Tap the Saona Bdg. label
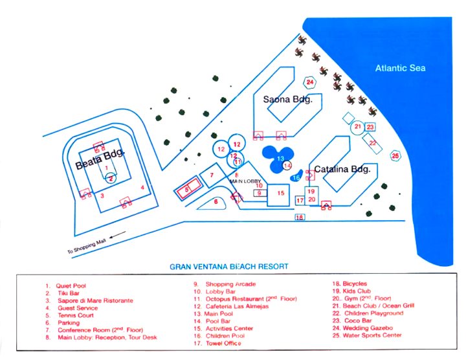(x=288, y=100)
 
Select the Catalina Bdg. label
(x=342, y=170)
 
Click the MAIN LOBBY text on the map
(x=245, y=181)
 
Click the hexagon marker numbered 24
(x=310, y=82)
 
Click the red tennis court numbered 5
(x=188, y=189)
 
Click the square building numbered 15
(x=280, y=192)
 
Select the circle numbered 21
(x=357, y=127)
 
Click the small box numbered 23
(x=370, y=128)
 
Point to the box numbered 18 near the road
(x=299, y=218)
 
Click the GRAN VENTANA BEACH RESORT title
(x=229, y=266)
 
